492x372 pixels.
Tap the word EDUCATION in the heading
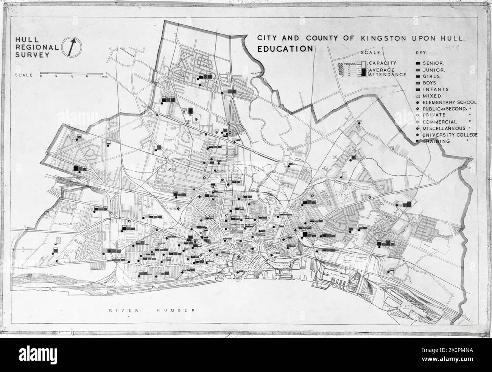click(285, 48)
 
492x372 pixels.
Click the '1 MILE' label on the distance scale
click(104, 76)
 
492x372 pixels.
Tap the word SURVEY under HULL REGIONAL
click(29, 55)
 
